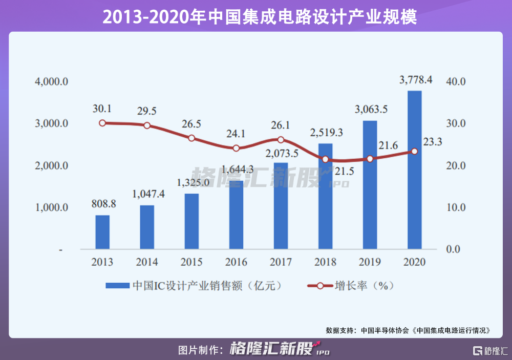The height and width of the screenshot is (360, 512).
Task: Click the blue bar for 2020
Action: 415,170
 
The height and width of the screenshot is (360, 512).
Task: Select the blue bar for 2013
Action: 102,232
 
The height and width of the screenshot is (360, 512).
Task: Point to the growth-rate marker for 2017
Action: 281,140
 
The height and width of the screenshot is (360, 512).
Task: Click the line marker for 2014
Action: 147,125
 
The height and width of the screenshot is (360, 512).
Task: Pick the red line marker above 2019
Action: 370,159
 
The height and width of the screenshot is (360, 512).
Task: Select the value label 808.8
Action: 103,203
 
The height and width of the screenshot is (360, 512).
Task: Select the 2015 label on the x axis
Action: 191,262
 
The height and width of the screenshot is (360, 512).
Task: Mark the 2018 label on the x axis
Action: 325,262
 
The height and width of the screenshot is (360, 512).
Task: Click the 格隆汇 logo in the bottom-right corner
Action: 489,350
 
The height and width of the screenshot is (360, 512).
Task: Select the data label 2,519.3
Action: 326,133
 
